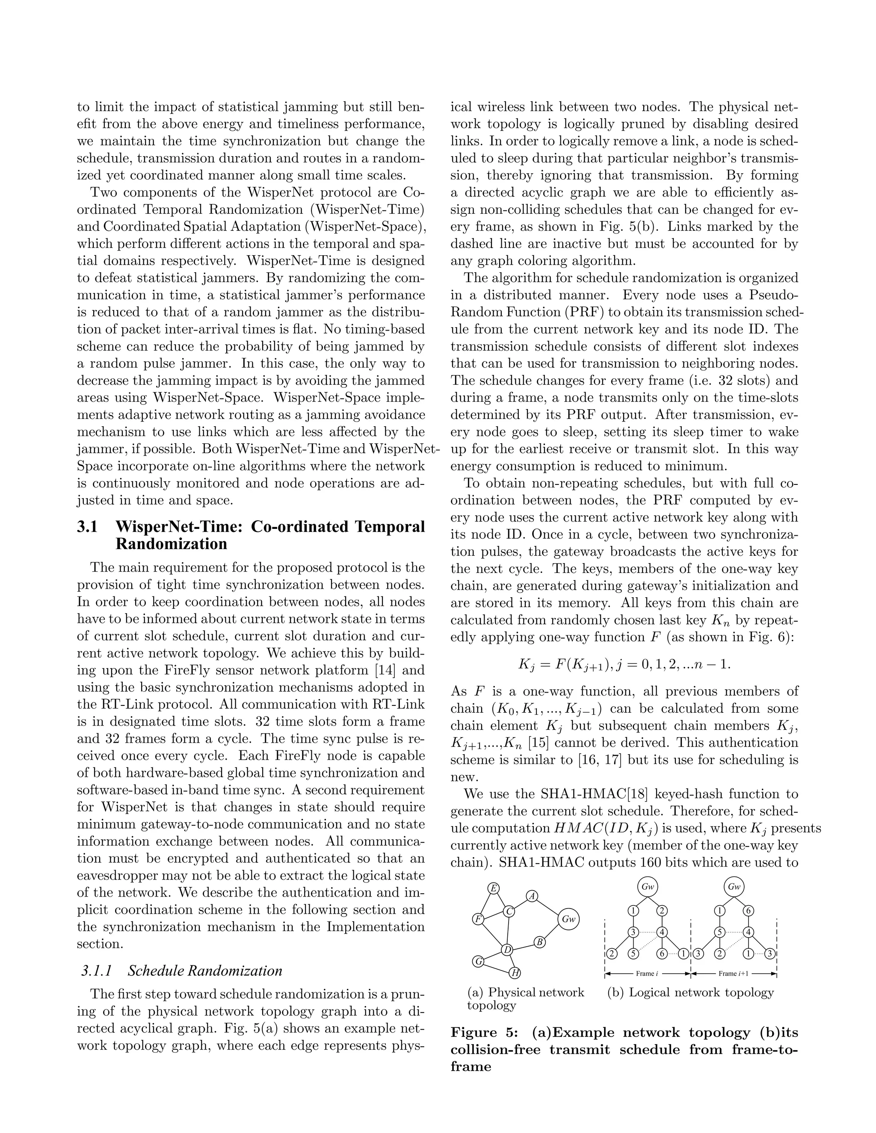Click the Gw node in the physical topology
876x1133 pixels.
(569, 919)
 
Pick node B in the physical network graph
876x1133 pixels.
(540, 942)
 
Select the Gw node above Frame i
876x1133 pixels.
(648, 887)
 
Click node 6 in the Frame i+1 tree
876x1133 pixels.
(748, 910)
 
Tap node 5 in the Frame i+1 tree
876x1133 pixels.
(719, 932)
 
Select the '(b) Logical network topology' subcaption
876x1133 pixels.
(690, 992)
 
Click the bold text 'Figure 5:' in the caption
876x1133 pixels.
(484, 1033)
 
